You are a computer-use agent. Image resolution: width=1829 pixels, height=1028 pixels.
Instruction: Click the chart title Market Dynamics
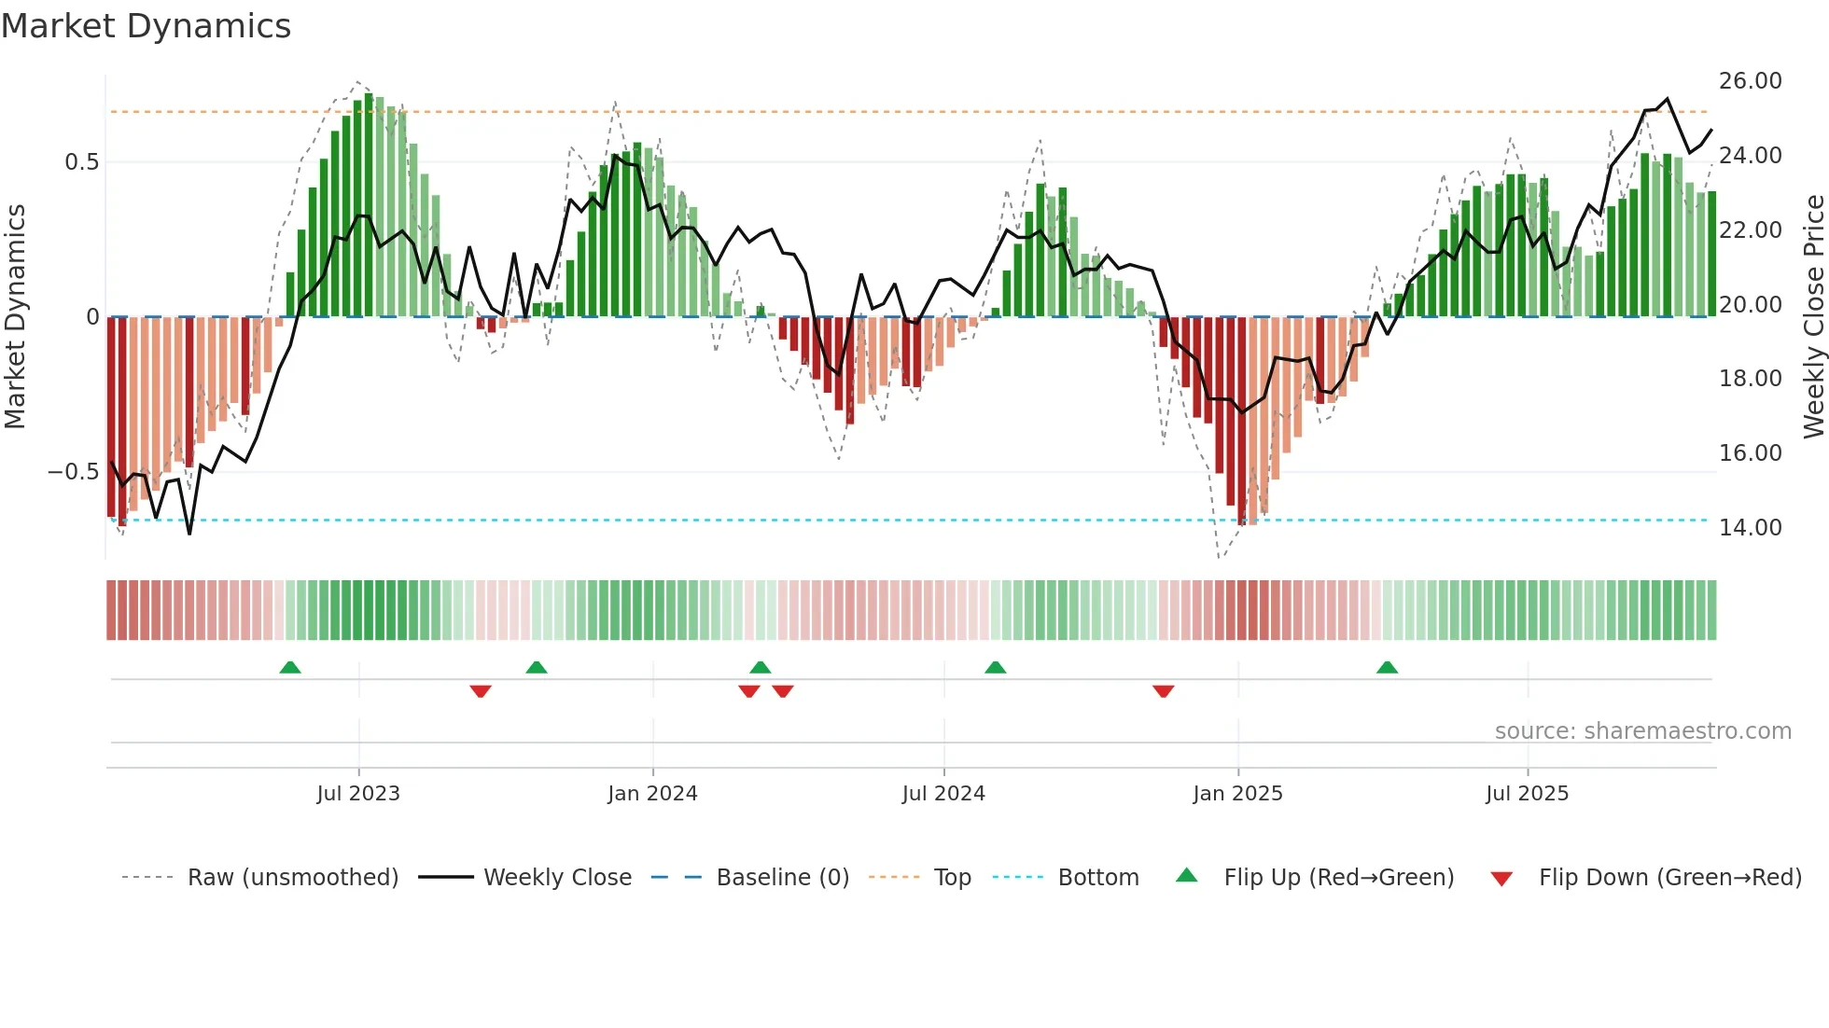pos(146,26)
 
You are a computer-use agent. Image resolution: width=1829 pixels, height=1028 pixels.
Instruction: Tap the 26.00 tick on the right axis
pos(1750,81)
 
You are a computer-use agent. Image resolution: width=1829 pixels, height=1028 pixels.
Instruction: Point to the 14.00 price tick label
pos(1750,528)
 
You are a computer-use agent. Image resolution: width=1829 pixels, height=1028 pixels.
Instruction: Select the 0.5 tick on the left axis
pos(81,162)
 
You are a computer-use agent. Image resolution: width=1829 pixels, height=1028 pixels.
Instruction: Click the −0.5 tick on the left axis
pos(73,472)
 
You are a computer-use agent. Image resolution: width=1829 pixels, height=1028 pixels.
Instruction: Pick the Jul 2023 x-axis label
pos(358,794)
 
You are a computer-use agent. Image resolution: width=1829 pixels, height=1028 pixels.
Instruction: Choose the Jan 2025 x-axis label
pos(1237,794)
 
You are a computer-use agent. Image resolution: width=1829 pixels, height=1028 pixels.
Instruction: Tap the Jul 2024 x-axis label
pos(943,794)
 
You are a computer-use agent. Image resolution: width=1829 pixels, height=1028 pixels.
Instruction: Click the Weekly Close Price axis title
pos(1813,317)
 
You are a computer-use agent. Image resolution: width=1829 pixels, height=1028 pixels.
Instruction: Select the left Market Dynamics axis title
pos(15,317)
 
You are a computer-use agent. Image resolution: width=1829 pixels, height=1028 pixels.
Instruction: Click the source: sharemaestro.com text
pos(1642,731)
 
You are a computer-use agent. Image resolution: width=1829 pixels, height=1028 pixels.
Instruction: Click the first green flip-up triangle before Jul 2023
pos(290,667)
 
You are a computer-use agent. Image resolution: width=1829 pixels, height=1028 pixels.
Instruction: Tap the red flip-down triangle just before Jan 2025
pos(1163,691)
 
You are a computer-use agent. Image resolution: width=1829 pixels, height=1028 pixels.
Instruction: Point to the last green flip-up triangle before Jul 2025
pos(1387,667)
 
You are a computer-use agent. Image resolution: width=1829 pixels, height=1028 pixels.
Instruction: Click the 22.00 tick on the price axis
pos(1750,230)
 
